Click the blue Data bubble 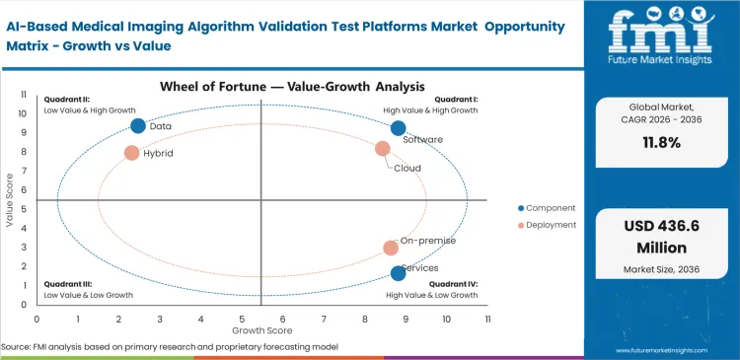(x=138, y=125)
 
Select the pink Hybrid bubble (x=131, y=153)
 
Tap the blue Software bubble (x=398, y=128)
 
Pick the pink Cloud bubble (x=383, y=149)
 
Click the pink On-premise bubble (x=391, y=248)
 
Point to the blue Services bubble (x=398, y=273)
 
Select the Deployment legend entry (x=549, y=226)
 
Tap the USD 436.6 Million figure (x=662, y=236)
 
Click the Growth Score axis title (x=260, y=330)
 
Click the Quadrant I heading (x=457, y=99)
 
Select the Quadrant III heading (x=66, y=284)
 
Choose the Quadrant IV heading (x=457, y=284)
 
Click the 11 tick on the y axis (x=24, y=96)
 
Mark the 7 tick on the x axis (x=324, y=319)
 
